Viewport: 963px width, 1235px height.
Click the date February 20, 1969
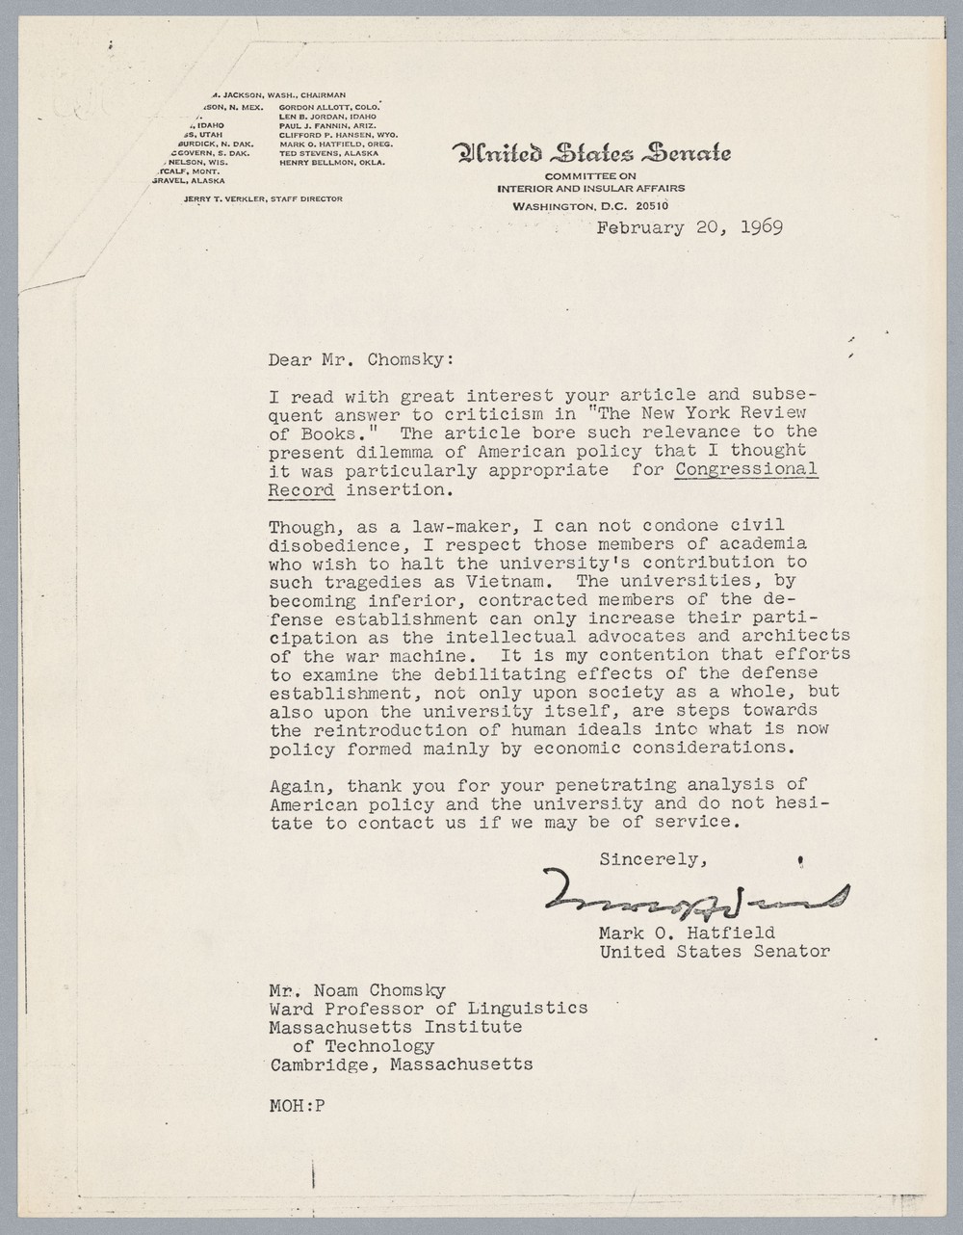pyautogui.click(x=689, y=228)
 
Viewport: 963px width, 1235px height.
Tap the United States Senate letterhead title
pyautogui.click(x=591, y=152)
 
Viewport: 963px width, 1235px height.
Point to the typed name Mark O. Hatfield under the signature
pyautogui.click(x=687, y=933)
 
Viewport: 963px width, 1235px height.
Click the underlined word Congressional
pyautogui.click(x=746, y=469)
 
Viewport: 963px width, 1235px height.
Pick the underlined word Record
pyautogui.click(x=301, y=488)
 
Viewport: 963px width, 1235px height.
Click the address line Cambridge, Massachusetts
pyautogui.click(x=402, y=1064)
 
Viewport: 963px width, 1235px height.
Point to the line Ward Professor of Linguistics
pyautogui.click(x=429, y=1008)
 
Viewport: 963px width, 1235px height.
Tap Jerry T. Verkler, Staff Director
pyautogui.click(x=263, y=198)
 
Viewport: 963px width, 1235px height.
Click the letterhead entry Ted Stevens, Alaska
pyautogui.click(x=328, y=153)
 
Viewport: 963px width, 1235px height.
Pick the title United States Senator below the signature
pyautogui.click(x=715, y=951)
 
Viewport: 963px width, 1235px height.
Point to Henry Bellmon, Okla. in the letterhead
pyautogui.click(x=331, y=163)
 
